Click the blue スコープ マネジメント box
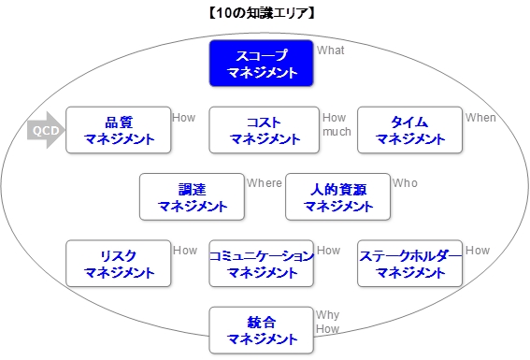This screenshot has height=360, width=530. pos(261,64)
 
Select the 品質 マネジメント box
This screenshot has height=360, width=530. pos(118,130)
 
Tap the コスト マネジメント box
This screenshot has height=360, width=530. pos(264,130)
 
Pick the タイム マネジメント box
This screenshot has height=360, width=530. pos(409,130)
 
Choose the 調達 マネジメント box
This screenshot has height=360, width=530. pos(191,197)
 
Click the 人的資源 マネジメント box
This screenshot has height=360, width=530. pos(337,197)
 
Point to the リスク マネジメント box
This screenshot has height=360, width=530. pos(118,264)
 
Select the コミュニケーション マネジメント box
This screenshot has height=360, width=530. pos(261,264)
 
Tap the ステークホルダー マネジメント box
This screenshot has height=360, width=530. pos(409,264)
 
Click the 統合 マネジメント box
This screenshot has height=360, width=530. pos(261,330)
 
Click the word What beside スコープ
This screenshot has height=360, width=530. pos(331,50)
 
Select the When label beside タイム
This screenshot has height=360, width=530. pos(481,118)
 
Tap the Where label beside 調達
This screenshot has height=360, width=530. pos(265,183)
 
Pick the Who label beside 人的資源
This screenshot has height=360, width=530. pos(406,183)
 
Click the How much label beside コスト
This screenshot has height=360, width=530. pos(337,125)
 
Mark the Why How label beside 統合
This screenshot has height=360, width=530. pos(327,323)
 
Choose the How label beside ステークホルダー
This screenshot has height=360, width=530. pos(478,251)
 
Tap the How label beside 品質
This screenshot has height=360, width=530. pos(184,118)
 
